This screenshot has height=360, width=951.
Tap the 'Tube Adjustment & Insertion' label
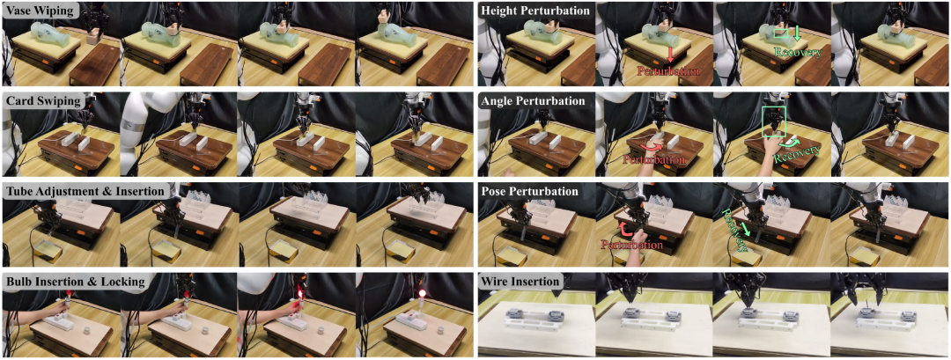click(85, 192)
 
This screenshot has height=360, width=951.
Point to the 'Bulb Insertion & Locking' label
click(75, 281)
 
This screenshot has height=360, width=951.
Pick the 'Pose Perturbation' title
click(529, 192)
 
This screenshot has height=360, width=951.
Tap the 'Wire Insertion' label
click(520, 281)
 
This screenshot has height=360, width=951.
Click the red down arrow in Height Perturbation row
click(670, 55)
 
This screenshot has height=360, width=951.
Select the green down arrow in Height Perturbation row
click(797, 33)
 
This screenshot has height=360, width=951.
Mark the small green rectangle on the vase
click(782, 34)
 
